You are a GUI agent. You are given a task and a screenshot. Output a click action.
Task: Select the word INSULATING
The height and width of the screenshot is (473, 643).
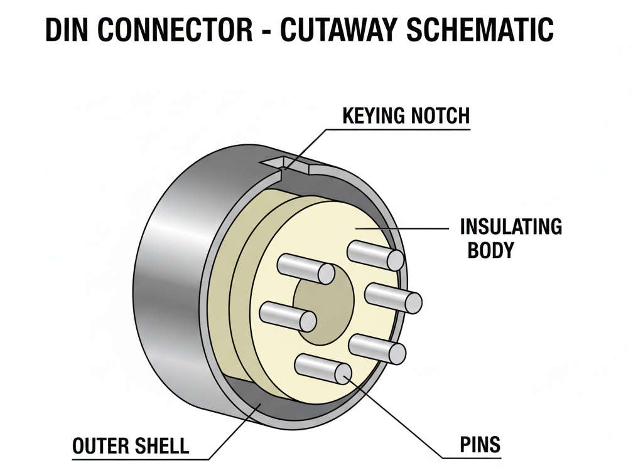tap(511, 226)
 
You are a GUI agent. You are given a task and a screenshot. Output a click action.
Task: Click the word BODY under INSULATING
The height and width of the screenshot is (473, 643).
tap(490, 250)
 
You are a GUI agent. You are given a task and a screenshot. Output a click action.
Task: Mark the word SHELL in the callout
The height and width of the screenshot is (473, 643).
tap(161, 446)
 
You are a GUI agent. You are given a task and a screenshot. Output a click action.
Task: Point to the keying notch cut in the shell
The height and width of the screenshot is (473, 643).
tap(286, 165)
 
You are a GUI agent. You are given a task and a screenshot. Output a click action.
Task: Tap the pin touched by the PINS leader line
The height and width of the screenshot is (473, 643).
tap(323, 368)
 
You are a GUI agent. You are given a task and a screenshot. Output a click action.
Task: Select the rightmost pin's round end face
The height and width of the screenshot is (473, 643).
tap(413, 303)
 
